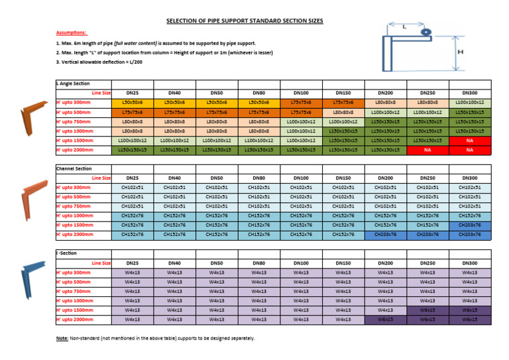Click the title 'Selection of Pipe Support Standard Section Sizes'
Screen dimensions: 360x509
pos(245,21)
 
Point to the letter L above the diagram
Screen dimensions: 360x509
pos(404,27)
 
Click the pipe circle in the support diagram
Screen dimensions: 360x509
pos(425,32)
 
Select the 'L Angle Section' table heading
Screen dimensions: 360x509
pos(73,84)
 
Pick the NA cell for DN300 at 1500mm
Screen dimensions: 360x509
pos(469,141)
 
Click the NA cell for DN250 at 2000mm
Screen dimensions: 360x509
pos(427,150)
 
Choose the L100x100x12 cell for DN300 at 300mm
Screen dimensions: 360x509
pos(469,103)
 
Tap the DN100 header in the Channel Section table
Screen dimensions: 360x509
pos(301,178)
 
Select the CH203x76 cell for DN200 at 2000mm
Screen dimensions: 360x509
pos(385,235)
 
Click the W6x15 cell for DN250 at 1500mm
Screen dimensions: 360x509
pos(427,310)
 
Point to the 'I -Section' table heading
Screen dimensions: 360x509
pos(68,254)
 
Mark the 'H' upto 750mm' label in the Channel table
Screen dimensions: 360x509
pos(74,206)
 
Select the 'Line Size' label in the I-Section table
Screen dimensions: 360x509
pos(101,263)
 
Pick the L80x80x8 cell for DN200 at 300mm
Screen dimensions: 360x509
pos(385,103)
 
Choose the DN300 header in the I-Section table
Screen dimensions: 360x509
pos(469,263)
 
